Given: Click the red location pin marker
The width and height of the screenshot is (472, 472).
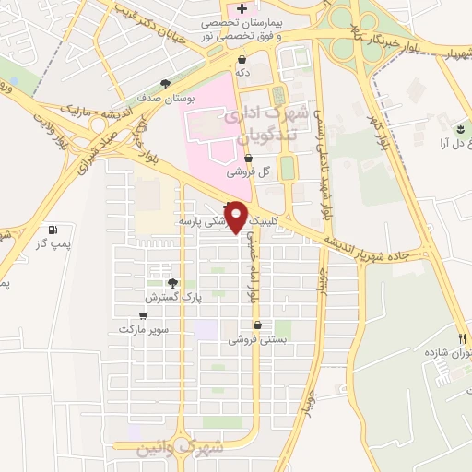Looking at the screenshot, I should pyautogui.click(x=237, y=217).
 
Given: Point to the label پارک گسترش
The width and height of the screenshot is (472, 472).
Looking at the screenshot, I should pyautogui.click(x=172, y=298).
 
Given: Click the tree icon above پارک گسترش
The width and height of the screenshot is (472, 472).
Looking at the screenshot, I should pyautogui.click(x=172, y=283).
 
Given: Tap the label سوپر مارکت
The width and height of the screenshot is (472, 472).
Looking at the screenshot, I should pyautogui.click(x=141, y=329).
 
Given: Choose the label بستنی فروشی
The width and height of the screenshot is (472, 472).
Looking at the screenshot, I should pyautogui.click(x=258, y=339).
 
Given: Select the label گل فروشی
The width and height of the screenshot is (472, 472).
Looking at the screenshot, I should pyautogui.click(x=250, y=171).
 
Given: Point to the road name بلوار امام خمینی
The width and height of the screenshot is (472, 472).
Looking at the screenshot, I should pyautogui.click(x=250, y=267).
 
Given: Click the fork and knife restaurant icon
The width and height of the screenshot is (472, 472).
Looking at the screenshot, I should pyautogui.click(x=463, y=337).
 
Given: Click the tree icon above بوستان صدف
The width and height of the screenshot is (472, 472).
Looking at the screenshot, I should pyautogui.click(x=165, y=82).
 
